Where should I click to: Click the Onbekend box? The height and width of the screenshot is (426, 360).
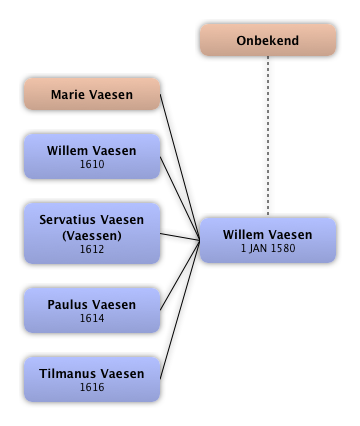coord(268,40)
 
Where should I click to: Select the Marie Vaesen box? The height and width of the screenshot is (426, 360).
coord(92,94)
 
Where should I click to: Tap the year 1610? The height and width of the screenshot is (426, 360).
coord(92,164)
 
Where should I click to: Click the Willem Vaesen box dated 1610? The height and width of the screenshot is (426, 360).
coord(92,156)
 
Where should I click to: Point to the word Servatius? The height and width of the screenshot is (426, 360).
coord(68,220)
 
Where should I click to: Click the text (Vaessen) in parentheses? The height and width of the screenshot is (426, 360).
coord(92,236)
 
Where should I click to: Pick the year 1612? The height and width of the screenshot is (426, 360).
coord(92,249)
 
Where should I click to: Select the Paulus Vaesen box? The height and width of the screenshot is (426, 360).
coord(92,310)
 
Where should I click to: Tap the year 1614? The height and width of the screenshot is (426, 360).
coord(92,318)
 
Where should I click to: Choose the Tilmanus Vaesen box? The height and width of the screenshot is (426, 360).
coord(92,379)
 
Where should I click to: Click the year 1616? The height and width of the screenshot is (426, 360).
coord(92,387)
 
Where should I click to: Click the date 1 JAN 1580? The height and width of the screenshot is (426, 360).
coord(268,248)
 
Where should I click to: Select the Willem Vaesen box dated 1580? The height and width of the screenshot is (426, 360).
coord(268,240)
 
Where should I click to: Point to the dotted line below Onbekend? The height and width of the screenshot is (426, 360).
coord(268,135)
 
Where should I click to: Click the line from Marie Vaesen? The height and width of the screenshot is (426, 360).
coord(180,167)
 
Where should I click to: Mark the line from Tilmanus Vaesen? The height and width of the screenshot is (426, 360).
coord(180,310)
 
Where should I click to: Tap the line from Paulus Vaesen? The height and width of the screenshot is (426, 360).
coord(180,275)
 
